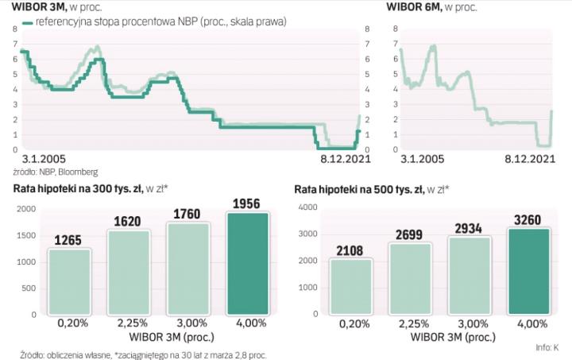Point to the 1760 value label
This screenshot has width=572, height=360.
point(188,215)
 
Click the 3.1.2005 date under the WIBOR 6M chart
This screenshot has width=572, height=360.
point(420,160)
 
